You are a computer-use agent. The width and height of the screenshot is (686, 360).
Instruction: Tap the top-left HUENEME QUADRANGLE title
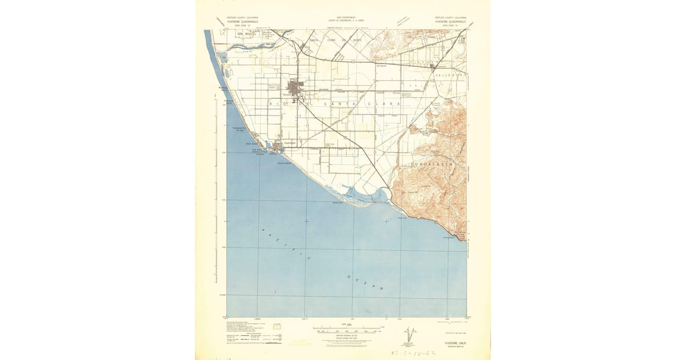coord(242,21)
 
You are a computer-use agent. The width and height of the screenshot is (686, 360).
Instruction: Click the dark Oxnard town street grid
coord(296,90)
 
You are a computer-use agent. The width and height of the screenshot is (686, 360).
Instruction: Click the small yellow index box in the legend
coord(278,327)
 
